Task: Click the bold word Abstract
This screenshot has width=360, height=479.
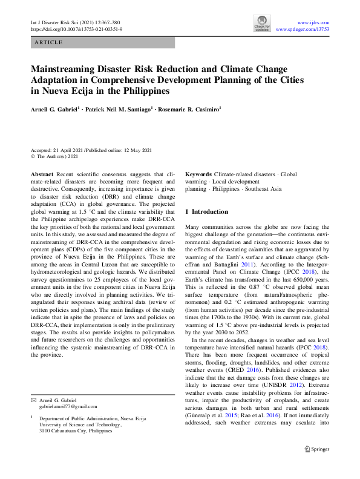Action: [x=43, y=174]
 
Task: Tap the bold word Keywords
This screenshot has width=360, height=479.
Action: [x=198, y=174]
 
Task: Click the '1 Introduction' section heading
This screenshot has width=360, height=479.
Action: [x=206, y=212]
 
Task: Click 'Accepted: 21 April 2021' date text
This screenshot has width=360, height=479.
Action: [x=56, y=150]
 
